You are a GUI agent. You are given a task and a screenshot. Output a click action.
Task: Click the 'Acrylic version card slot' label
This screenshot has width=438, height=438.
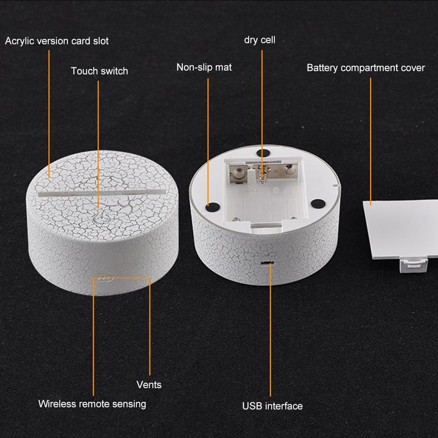[x=57, y=41]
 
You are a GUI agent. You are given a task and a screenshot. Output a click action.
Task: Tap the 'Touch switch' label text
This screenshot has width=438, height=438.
[x=100, y=71]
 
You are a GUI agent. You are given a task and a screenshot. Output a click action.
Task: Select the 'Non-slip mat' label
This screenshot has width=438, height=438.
[x=204, y=67]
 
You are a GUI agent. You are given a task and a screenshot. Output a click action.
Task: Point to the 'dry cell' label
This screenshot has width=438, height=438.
[x=260, y=40]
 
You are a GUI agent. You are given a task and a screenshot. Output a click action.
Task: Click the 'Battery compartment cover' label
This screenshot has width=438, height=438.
[x=366, y=68]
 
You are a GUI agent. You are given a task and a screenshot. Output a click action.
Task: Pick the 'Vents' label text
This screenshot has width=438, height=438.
[x=149, y=385]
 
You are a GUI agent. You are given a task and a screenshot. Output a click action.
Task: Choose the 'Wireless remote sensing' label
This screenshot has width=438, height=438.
[x=92, y=404]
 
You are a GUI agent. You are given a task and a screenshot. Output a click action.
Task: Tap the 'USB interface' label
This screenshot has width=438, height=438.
[x=272, y=406]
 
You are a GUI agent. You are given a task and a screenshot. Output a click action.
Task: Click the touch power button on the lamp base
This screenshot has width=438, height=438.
[x=100, y=218]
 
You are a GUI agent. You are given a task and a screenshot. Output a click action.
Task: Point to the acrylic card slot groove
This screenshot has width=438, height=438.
[x=102, y=193]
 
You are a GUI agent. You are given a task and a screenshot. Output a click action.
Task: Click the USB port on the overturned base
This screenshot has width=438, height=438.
[x=267, y=263]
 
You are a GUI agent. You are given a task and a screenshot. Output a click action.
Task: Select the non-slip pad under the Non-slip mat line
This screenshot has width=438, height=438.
[x=212, y=207]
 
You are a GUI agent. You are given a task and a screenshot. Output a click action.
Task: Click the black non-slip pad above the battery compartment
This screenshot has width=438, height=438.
[x=263, y=153]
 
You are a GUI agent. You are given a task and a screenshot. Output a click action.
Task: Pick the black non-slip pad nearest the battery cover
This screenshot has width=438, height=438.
[x=318, y=203]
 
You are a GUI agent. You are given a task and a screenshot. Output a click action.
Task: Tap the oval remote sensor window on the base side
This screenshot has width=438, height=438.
[x=103, y=278]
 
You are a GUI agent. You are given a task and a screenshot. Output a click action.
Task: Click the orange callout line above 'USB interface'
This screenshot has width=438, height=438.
[x=270, y=330]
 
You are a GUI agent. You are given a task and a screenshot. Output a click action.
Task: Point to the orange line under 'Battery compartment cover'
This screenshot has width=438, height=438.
[x=371, y=142]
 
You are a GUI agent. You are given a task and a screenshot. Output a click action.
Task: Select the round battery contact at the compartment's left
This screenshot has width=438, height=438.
[x=238, y=174]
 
